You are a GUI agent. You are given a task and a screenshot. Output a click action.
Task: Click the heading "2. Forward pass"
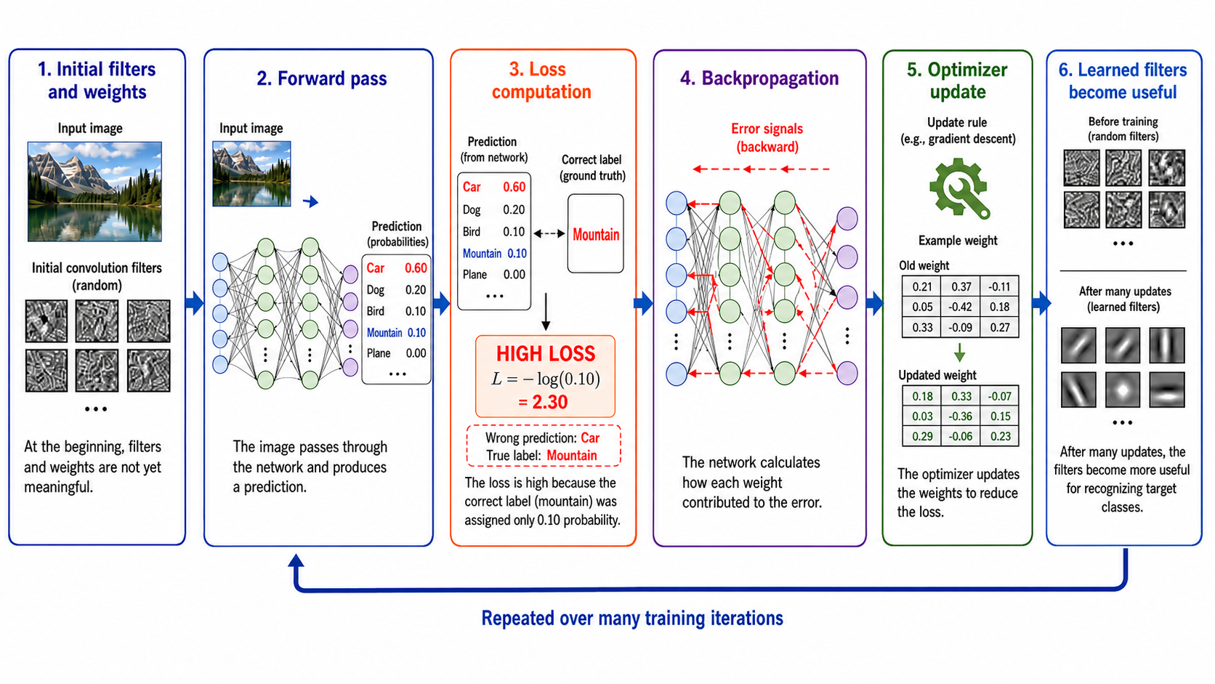322,79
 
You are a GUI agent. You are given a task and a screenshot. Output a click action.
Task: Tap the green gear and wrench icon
959,188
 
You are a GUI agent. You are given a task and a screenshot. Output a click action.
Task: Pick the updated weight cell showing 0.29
922,436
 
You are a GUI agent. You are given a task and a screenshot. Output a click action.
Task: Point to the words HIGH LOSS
546,354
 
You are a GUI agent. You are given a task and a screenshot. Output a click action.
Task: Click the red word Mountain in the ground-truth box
596,234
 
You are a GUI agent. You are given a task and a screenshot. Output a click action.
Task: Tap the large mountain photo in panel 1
95,191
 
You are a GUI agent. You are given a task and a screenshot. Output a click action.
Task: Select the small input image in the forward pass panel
251,174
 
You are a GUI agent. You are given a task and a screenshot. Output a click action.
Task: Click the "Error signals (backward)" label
767,138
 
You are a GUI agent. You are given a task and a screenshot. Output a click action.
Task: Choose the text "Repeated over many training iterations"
632,618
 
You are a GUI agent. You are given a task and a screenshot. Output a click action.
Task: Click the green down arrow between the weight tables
959,353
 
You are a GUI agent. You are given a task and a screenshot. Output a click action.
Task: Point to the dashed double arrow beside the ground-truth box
549,234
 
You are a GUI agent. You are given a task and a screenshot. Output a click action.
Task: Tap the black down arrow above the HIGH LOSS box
546,312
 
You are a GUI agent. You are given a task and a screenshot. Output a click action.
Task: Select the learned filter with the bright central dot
1123,390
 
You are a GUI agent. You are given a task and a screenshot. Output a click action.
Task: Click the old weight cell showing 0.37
961,286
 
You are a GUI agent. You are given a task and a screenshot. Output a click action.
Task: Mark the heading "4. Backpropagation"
759,79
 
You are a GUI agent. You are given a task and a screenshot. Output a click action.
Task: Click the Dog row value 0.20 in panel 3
514,210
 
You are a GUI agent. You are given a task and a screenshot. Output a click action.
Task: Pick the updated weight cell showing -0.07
999,396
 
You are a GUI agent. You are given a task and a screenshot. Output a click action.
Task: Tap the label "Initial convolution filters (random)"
97,276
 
